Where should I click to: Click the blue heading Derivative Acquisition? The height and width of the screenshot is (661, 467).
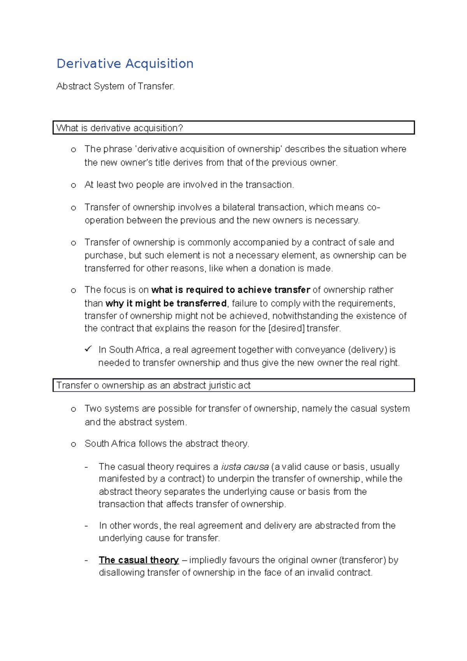point(125,63)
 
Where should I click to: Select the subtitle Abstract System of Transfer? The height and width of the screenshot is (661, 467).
point(116,86)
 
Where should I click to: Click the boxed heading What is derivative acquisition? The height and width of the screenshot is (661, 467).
point(119,128)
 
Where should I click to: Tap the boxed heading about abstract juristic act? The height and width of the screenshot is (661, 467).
point(153,385)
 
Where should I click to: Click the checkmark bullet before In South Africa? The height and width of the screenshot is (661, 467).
point(88,349)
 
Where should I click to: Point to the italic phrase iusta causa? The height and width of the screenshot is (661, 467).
point(245,467)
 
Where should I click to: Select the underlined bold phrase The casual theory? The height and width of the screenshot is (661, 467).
point(139,560)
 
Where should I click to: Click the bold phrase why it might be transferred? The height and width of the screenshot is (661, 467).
point(166,303)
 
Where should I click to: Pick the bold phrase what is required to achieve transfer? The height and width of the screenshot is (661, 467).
point(230,290)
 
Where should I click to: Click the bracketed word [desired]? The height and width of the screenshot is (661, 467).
point(286,328)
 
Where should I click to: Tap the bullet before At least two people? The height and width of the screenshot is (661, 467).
point(73,185)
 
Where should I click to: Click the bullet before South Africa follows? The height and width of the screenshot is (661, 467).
point(73,444)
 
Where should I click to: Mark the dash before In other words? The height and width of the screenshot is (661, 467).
point(86,526)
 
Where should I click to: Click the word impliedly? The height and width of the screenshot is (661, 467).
point(208,560)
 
